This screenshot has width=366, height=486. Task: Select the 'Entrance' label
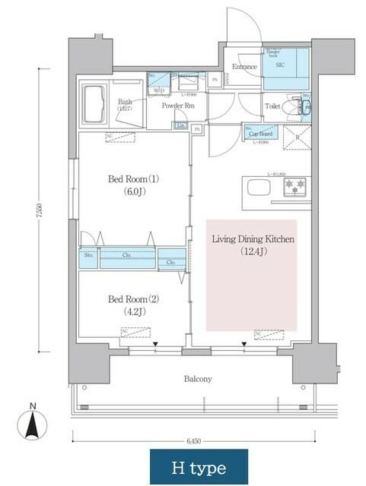tap(243, 66)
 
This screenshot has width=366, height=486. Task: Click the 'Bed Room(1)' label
tap(133, 179)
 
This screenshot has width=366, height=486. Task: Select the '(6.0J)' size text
tap(133, 193)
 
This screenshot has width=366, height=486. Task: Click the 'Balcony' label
tap(196, 378)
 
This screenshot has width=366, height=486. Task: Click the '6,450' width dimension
tap(196, 442)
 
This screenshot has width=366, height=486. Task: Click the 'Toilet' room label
tap(272, 107)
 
